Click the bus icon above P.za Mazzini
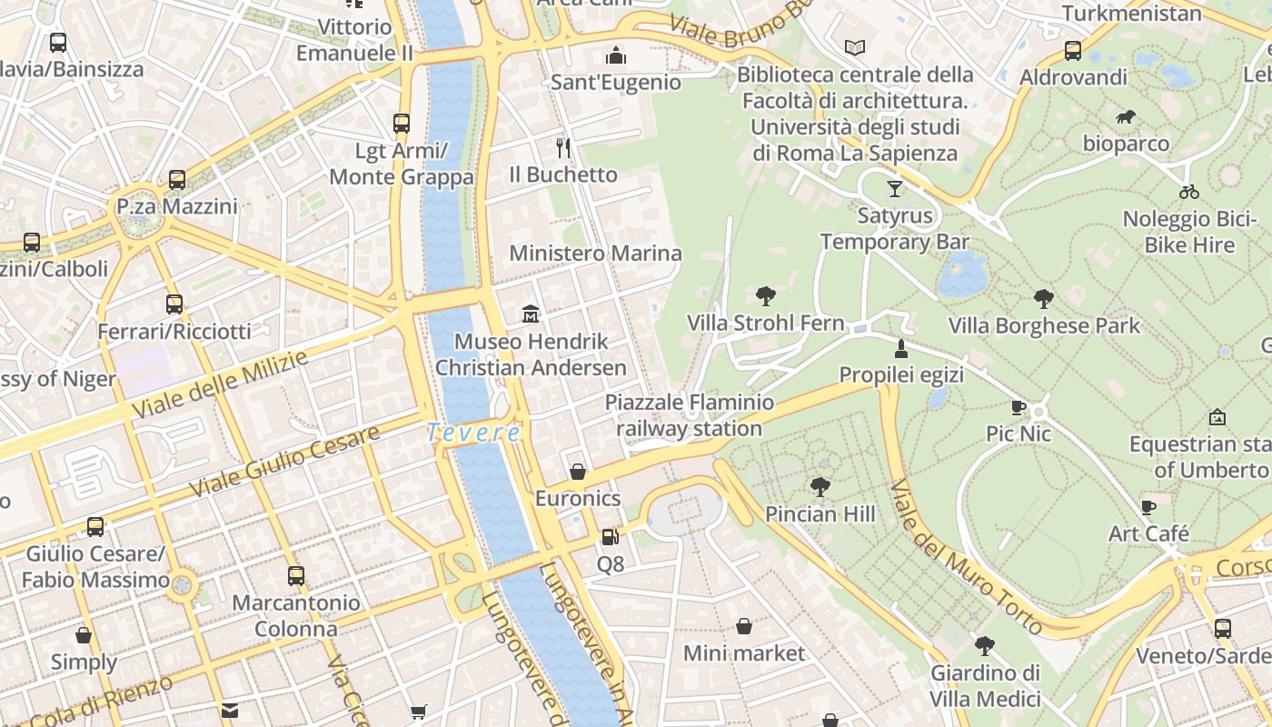click(x=177, y=180)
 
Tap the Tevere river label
click(x=473, y=433)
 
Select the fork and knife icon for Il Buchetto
click(x=563, y=147)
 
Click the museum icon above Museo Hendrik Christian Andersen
click(x=531, y=314)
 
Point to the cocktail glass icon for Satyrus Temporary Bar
click(x=895, y=188)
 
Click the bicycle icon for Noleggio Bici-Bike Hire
click(x=1189, y=192)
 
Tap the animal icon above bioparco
click(x=1126, y=116)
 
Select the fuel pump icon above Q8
click(x=610, y=537)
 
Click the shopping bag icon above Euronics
click(x=577, y=472)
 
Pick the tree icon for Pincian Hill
click(x=820, y=487)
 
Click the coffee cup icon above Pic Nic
click(x=1019, y=407)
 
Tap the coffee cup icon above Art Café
click(x=1148, y=506)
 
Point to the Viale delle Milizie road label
click(x=220, y=385)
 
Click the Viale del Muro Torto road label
click(x=965, y=557)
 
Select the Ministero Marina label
click(x=595, y=253)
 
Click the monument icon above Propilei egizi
click(x=900, y=348)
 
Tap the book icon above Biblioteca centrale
click(x=855, y=47)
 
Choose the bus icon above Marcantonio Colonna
click(x=295, y=575)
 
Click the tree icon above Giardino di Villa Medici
click(x=984, y=646)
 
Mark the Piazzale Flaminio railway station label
click(x=690, y=415)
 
